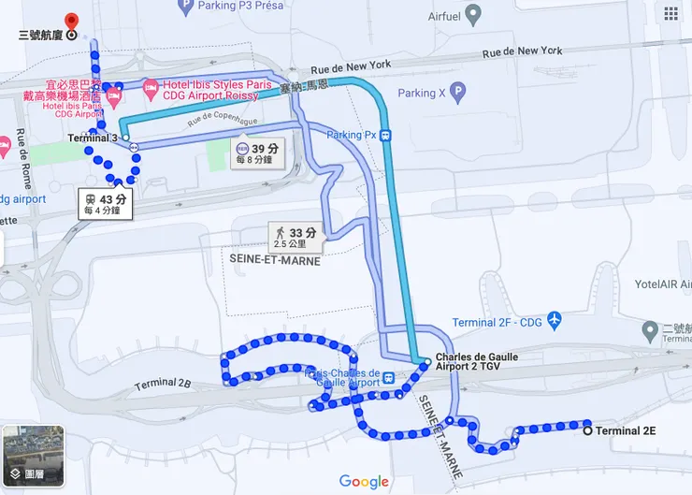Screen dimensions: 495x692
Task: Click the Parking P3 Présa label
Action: coord(241,6)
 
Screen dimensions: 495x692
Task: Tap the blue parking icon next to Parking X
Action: coord(457,92)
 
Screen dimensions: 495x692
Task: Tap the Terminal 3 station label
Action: coord(93,138)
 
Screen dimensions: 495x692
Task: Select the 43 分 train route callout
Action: coord(105,203)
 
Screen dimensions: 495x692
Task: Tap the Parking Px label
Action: coord(351,135)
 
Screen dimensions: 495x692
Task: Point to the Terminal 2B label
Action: coord(162,384)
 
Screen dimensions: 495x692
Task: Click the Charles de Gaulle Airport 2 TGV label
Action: coord(477,363)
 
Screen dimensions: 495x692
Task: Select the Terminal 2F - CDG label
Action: coord(496,323)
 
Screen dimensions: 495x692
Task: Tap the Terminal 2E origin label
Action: coord(626,431)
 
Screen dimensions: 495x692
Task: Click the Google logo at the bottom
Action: coord(364,482)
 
